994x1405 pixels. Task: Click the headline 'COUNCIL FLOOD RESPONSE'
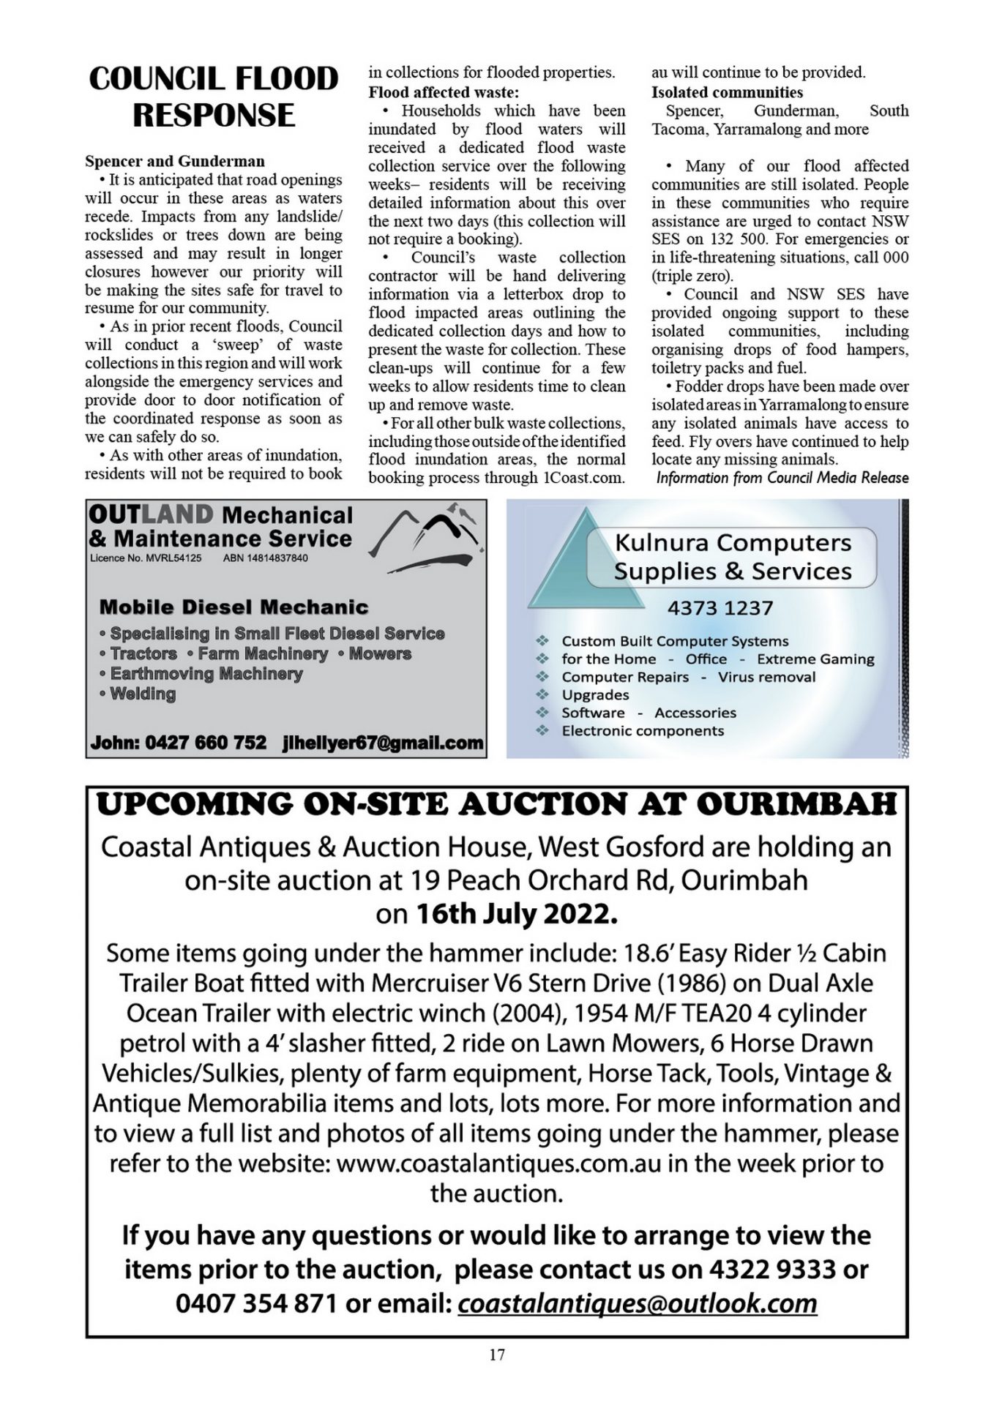pyautogui.click(x=213, y=97)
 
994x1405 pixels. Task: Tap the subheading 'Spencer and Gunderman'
pyautogui.click(x=175, y=161)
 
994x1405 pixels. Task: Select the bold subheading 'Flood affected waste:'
pyautogui.click(x=443, y=92)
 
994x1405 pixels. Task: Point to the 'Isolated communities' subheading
pyautogui.click(x=727, y=92)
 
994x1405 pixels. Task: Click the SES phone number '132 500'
pyautogui.click(x=733, y=239)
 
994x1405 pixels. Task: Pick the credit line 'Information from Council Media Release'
pyautogui.click(x=782, y=478)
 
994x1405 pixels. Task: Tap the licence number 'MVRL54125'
pyautogui.click(x=173, y=558)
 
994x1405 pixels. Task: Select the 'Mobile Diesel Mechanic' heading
pyautogui.click(x=233, y=607)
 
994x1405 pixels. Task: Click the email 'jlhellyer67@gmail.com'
pyautogui.click(x=383, y=743)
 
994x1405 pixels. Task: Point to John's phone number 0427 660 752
pyautogui.click(x=206, y=743)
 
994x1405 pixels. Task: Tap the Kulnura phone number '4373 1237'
pyautogui.click(x=720, y=608)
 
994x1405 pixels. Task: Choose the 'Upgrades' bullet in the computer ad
pyautogui.click(x=595, y=694)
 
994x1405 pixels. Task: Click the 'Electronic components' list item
pyautogui.click(x=642, y=730)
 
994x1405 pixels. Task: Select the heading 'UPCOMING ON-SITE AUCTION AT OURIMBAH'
pyautogui.click(x=496, y=804)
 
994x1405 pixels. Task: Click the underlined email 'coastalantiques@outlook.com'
pyautogui.click(x=637, y=1303)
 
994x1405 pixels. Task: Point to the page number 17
pyautogui.click(x=497, y=1355)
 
